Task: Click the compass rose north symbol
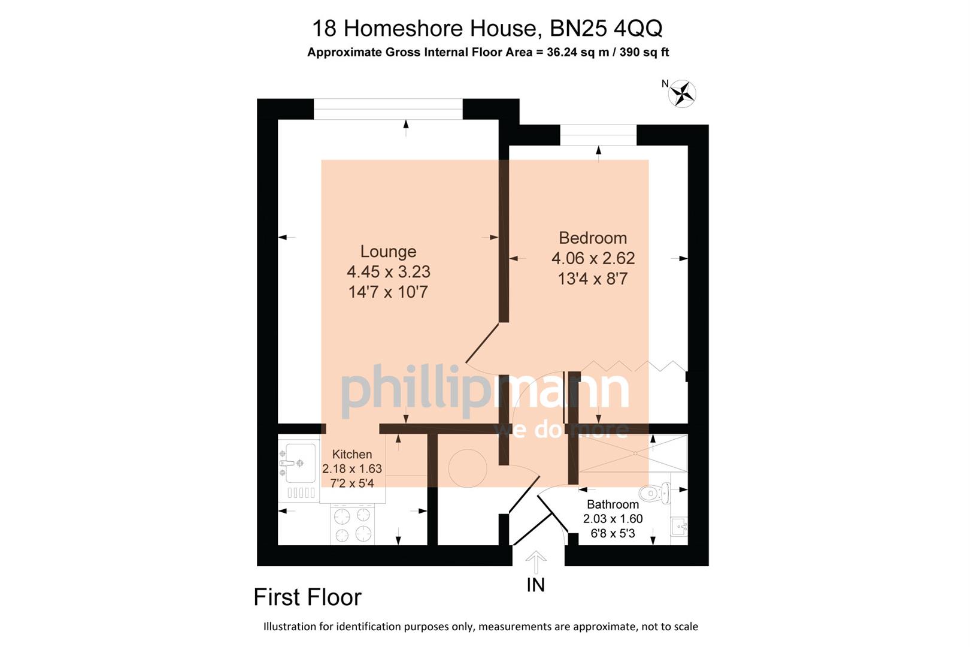682,93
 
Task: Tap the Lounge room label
388,252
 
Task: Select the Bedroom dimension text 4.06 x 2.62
593,258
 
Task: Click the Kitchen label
352,455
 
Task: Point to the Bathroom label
613,504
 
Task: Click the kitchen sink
300,462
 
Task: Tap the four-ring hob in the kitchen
352,525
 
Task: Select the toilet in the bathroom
654,493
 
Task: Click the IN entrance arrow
536,563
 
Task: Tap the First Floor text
307,597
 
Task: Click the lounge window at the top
388,109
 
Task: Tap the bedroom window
598,135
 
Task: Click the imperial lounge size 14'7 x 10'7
388,292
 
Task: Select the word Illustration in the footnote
290,627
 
